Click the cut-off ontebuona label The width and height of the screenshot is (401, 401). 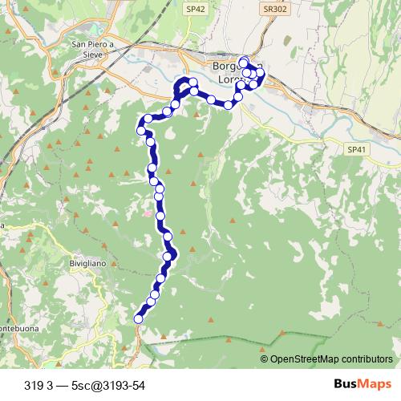(x=16, y=329)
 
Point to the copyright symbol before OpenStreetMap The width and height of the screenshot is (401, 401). (x=265, y=359)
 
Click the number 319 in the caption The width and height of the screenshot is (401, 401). (x=34, y=386)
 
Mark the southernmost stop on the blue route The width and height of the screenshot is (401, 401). (x=138, y=318)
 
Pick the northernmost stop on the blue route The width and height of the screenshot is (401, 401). (x=243, y=61)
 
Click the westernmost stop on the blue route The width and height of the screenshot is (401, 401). (x=140, y=130)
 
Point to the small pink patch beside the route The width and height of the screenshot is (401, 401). (x=147, y=213)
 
